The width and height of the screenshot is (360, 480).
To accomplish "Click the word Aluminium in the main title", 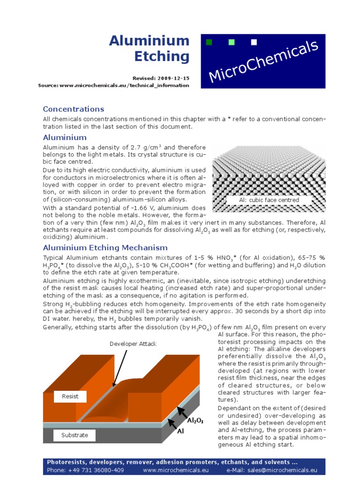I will pyautogui.click(x=149, y=41).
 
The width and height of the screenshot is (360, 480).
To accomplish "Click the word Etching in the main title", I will pyautogui.click(x=162, y=57).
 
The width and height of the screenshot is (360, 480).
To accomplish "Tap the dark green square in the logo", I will pyautogui.click(x=209, y=43).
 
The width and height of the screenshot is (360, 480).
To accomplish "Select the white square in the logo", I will pyautogui.click(x=254, y=43).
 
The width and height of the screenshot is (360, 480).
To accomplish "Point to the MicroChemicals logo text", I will pyautogui.click(x=263, y=61).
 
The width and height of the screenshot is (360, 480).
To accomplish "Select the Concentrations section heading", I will pyautogui.click(x=74, y=109).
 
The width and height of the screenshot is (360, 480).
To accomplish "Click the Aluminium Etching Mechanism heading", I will pyautogui.click(x=105, y=247).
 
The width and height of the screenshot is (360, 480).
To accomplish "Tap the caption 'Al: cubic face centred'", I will pyautogui.click(x=262, y=200).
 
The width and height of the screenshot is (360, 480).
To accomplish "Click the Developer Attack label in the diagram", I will pyautogui.click(x=133, y=344).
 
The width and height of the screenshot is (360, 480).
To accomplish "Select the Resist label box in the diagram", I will pyautogui.click(x=70, y=396).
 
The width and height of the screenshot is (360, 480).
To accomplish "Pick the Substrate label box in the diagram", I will pyautogui.click(x=74, y=435).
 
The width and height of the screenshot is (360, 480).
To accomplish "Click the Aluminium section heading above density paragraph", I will pyautogui.click(x=65, y=137).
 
